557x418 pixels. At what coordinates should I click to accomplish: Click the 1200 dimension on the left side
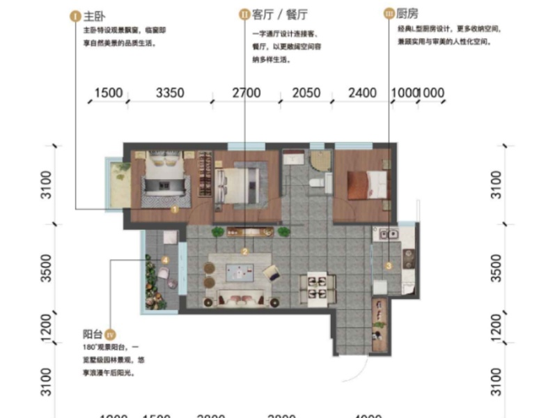coord(46,326)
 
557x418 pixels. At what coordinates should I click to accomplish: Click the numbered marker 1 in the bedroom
coord(175,208)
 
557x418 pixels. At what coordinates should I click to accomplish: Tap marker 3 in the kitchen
coord(389,265)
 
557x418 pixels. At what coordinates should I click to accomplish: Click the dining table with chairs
coord(317,286)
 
